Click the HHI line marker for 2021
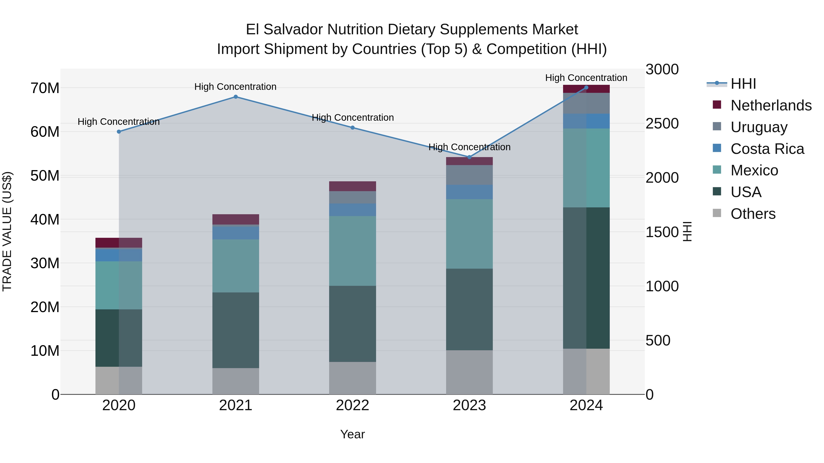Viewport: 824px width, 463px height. [236, 97]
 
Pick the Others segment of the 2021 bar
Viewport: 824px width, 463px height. [236, 381]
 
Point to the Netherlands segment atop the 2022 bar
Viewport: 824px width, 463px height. [352, 186]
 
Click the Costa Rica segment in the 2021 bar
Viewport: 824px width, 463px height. [236, 233]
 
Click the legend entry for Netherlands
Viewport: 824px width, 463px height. [771, 105]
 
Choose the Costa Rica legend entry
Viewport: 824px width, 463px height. [767, 149]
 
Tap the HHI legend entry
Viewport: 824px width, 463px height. [743, 84]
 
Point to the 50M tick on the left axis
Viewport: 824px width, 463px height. [45, 176]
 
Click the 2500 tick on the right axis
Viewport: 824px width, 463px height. [662, 124]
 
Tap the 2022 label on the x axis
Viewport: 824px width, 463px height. [352, 405]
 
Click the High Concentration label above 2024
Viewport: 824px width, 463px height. [586, 78]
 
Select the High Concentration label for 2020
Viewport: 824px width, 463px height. [119, 122]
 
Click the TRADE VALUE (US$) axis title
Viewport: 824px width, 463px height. [7, 231]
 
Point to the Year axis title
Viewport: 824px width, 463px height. [352, 434]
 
